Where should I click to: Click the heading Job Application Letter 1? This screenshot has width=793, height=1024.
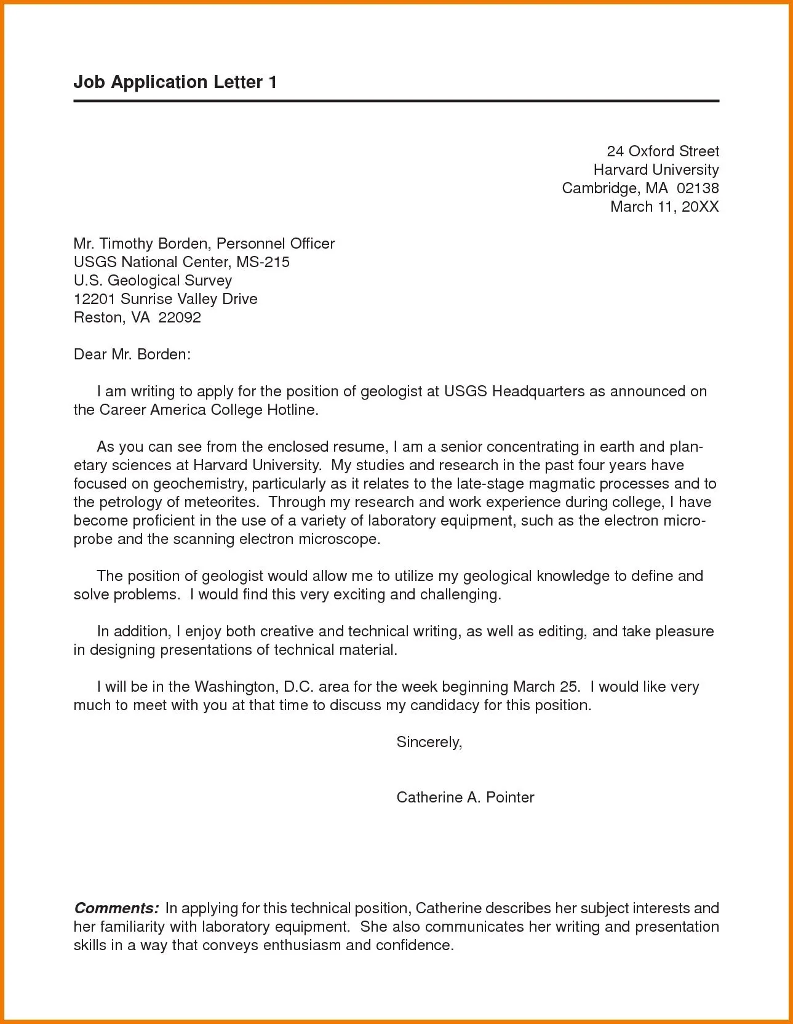[175, 82]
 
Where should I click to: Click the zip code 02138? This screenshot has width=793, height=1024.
[697, 188]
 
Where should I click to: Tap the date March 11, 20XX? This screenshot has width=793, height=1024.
[664, 206]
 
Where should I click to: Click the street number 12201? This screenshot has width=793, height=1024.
[95, 298]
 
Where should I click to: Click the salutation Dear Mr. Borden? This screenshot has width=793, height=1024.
[132, 354]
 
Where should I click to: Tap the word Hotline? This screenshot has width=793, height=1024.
[292, 409]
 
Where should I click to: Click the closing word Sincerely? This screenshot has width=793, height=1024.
[429, 742]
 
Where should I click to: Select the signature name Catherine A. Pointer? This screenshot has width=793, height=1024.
[465, 797]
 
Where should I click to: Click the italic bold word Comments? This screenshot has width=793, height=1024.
[117, 908]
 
